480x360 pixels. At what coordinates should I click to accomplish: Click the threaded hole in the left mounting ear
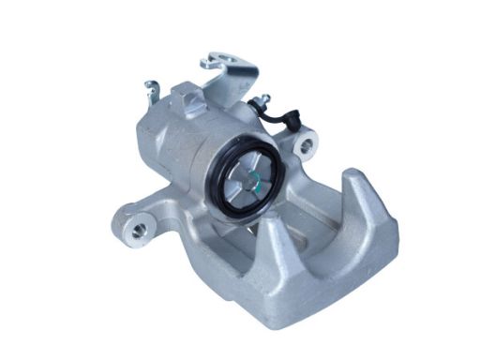tap(138, 229)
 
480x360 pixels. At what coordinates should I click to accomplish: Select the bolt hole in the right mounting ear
tap(303, 146)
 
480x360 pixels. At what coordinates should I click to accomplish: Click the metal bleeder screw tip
tap(264, 97)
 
